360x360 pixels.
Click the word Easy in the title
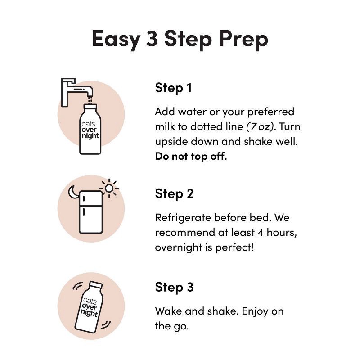(x=115, y=39)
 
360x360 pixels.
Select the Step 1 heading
(x=173, y=88)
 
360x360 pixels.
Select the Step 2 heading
(x=174, y=194)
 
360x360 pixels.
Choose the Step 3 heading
(x=174, y=287)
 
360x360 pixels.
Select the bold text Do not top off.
(x=191, y=156)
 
